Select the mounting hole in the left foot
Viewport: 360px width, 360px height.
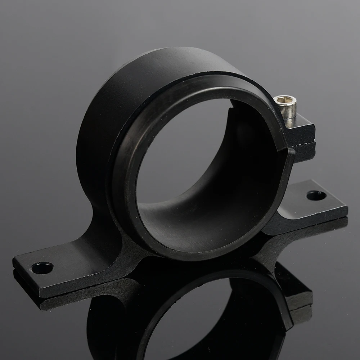pos(42,267)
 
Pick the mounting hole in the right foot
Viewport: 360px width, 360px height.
pos(316,195)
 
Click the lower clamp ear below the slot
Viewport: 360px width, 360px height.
pos(304,151)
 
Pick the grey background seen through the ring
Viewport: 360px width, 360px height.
pos(180,151)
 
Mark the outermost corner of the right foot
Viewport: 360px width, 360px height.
pos(347,208)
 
